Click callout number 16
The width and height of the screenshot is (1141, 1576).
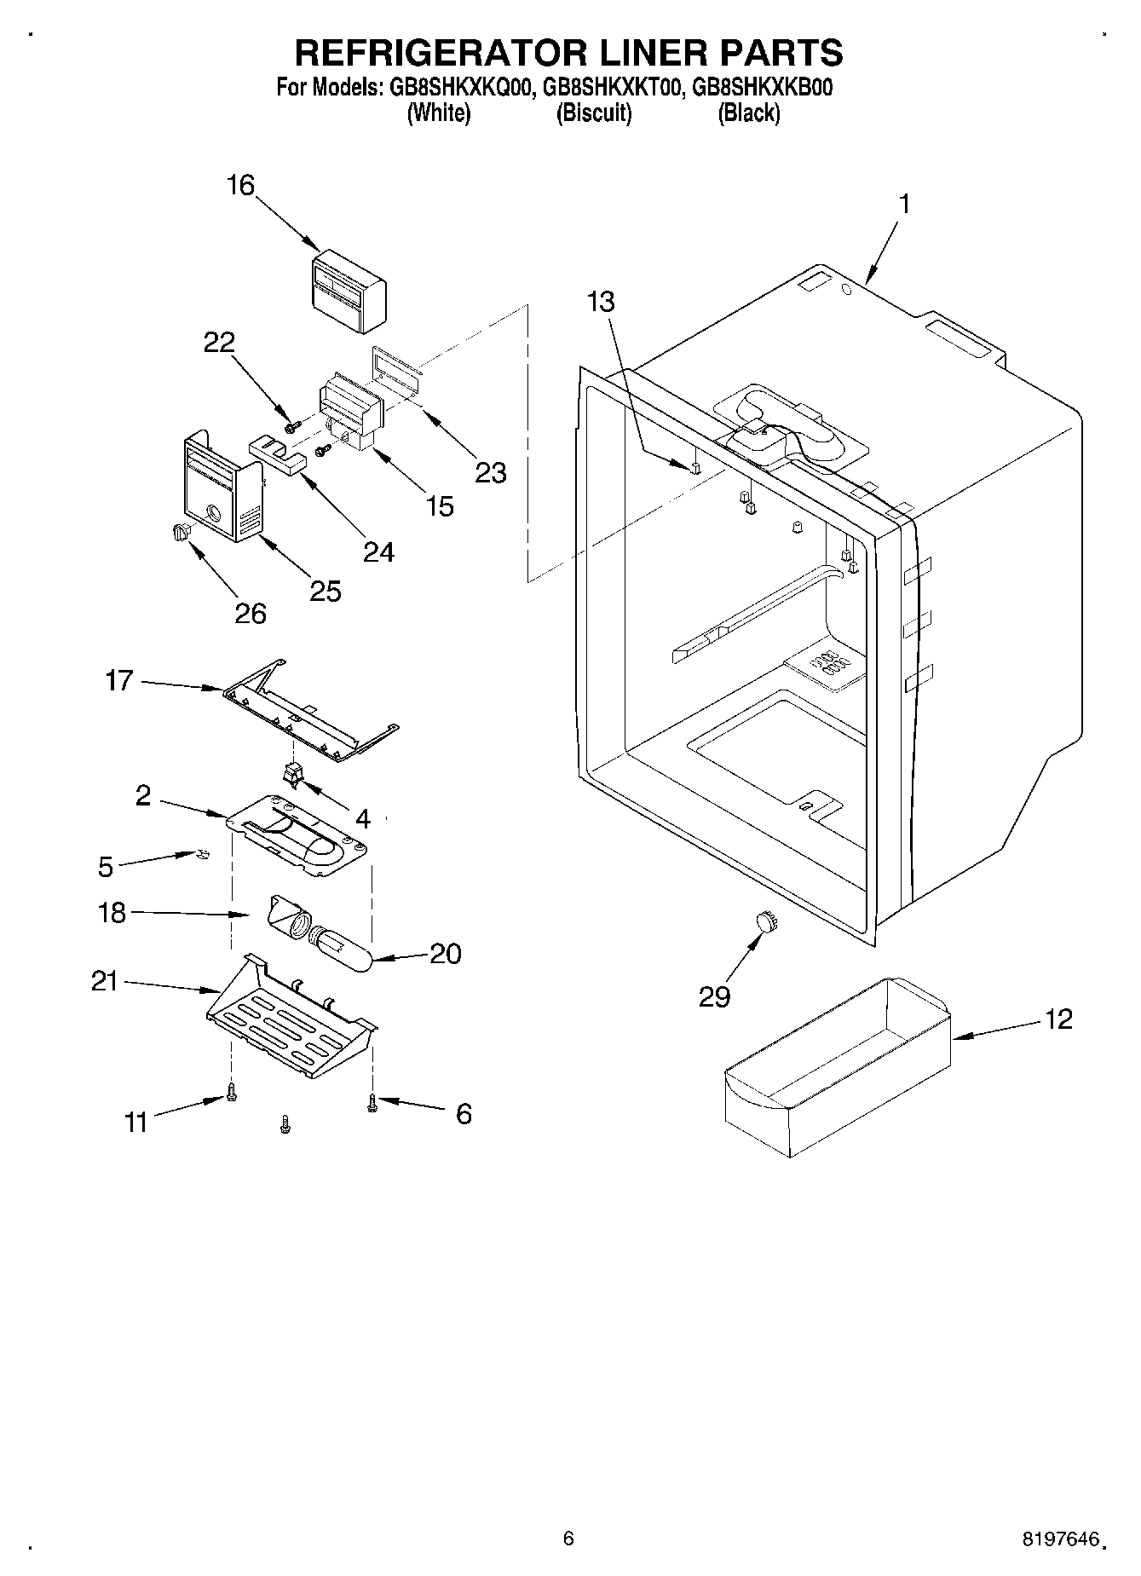tap(241, 185)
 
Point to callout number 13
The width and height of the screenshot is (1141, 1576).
tap(601, 302)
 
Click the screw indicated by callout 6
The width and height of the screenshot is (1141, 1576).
tap(372, 1103)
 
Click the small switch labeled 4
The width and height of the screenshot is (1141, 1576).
tap(294, 773)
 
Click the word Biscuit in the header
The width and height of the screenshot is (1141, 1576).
tap(594, 113)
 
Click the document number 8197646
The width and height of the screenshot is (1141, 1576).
tap(1057, 1539)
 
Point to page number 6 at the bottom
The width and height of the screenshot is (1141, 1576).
tap(568, 1538)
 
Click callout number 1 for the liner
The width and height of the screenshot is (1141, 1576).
tap(904, 204)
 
